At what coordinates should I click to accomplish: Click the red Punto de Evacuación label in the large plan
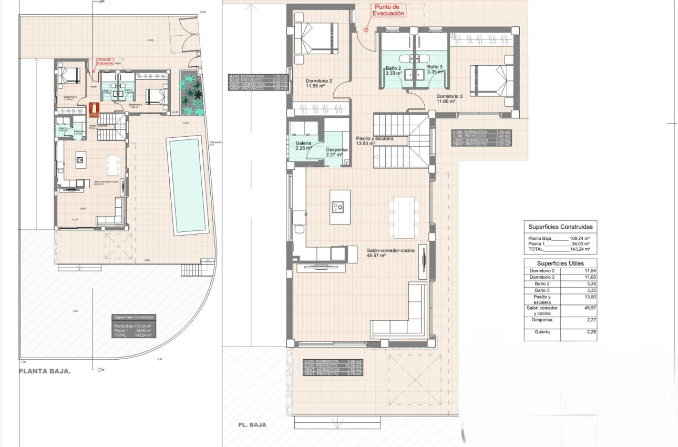[388, 11]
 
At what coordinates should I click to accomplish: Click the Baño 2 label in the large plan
[393, 70]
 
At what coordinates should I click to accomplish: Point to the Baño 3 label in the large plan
[436, 70]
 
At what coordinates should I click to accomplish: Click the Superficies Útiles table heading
[560, 263]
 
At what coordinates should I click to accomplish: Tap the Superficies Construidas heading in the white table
[560, 227]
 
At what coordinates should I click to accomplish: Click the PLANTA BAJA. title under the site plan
[45, 371]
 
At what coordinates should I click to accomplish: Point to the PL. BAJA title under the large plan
[251, 424]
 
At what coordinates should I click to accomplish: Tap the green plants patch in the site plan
[191, 92]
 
